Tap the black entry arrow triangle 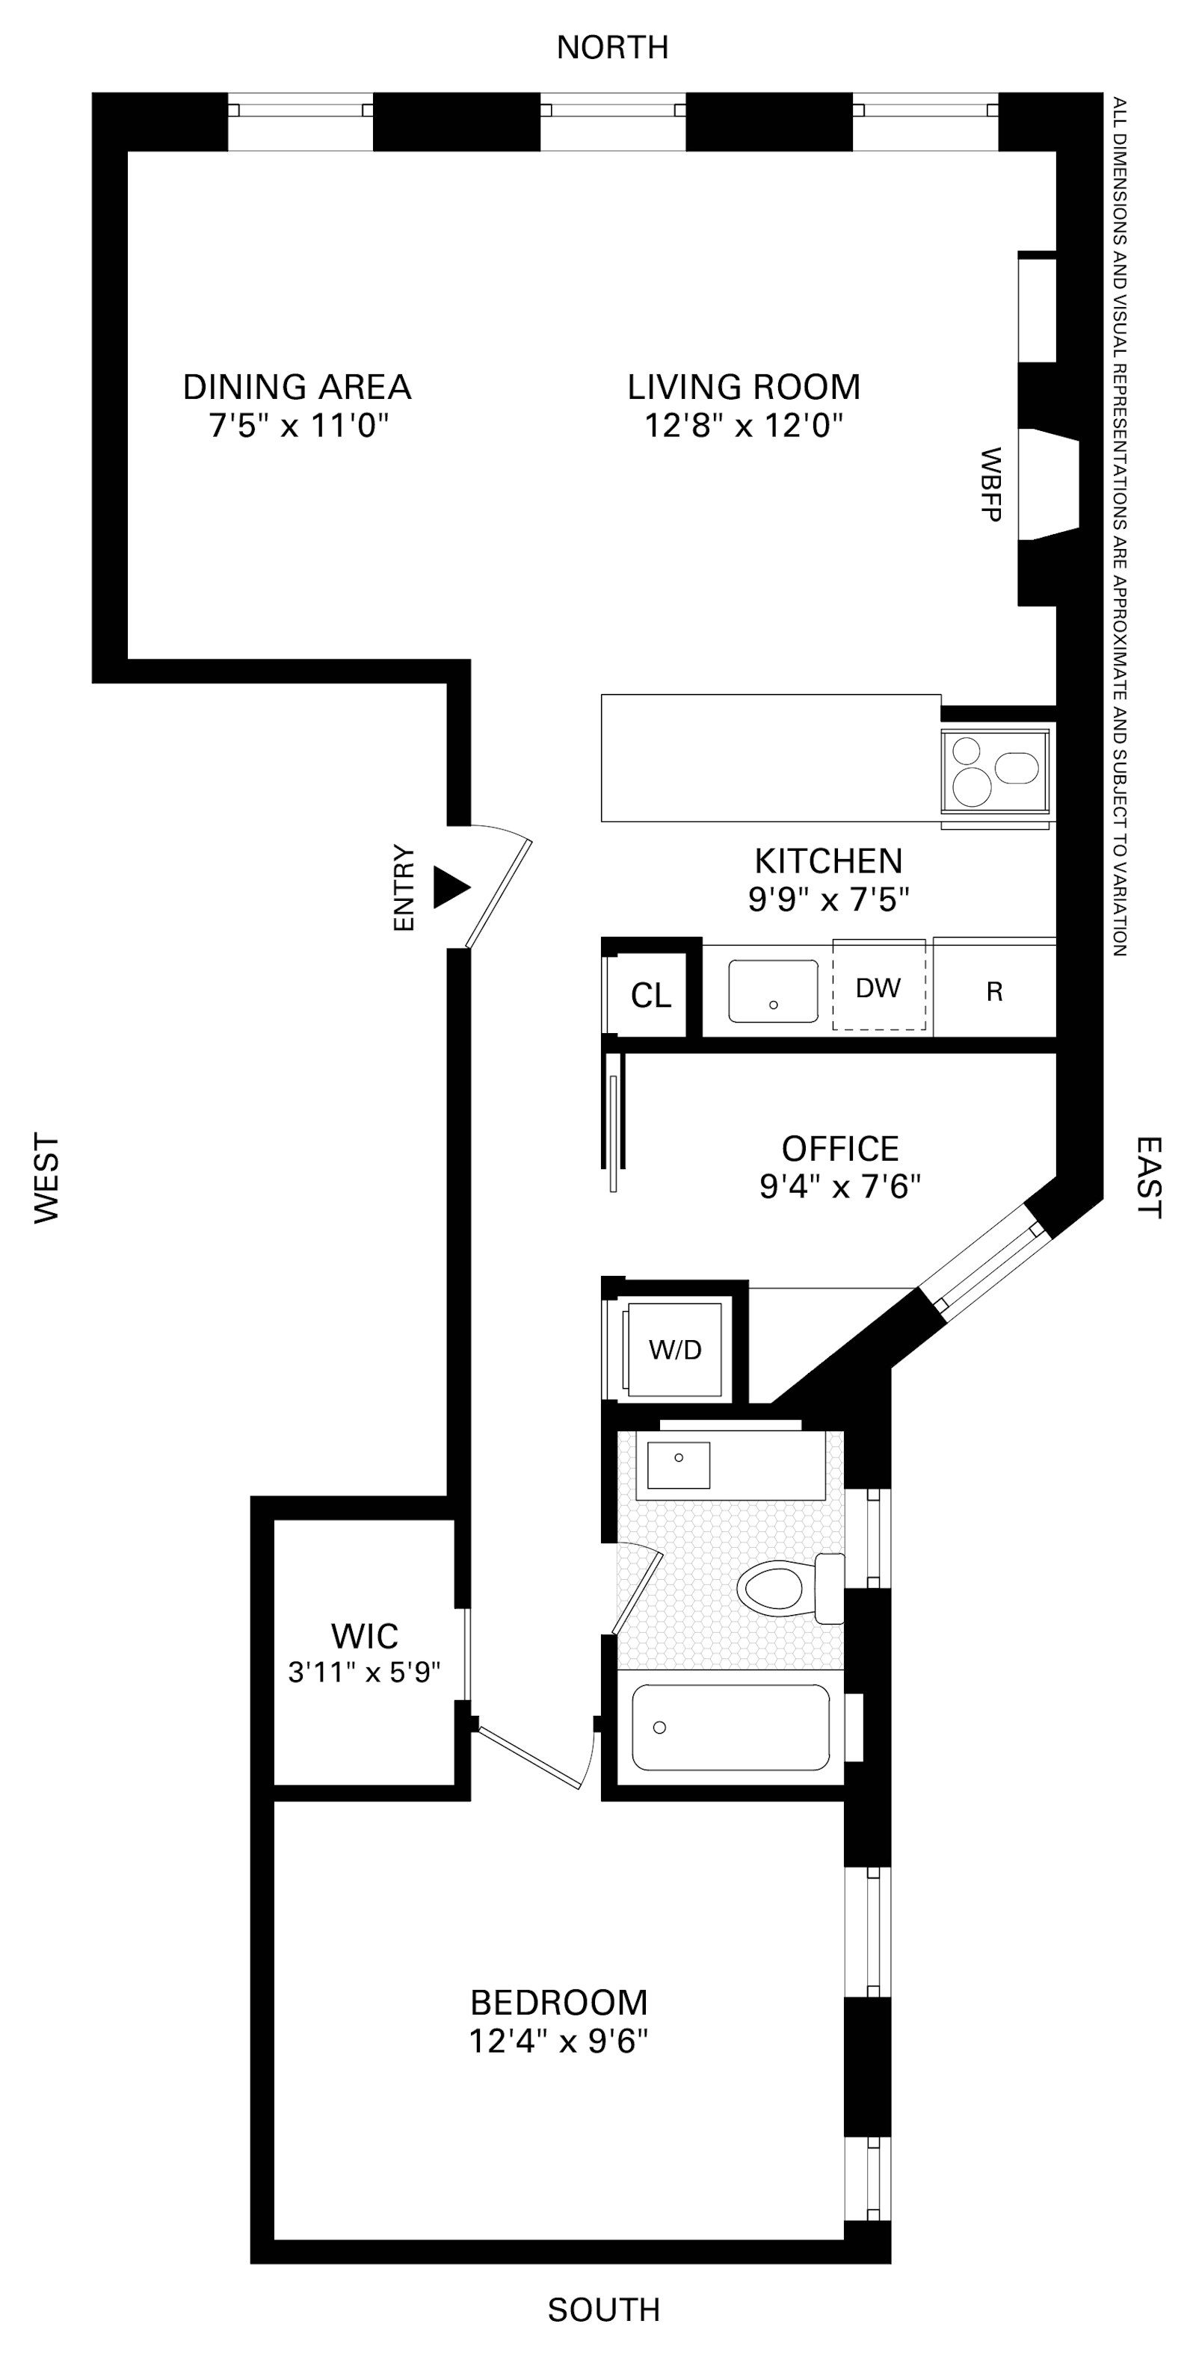tap(449, 887)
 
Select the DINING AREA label tap(297, 387)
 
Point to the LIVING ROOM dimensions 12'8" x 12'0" tap(743, 425)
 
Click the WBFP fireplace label tap(990, 485)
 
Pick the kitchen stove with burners tap(996, 771)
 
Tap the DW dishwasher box tap(878, 988)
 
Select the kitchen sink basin tap(773, 991)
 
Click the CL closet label tap(650, 995)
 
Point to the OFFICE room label tap(840, 1149)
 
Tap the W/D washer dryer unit tap(675, 1349)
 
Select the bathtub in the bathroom tap(730, 1728)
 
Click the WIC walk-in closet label tap(364, 1635)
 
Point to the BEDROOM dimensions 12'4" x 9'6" tap(558, 2042)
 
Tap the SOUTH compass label tap(603, 2310)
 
